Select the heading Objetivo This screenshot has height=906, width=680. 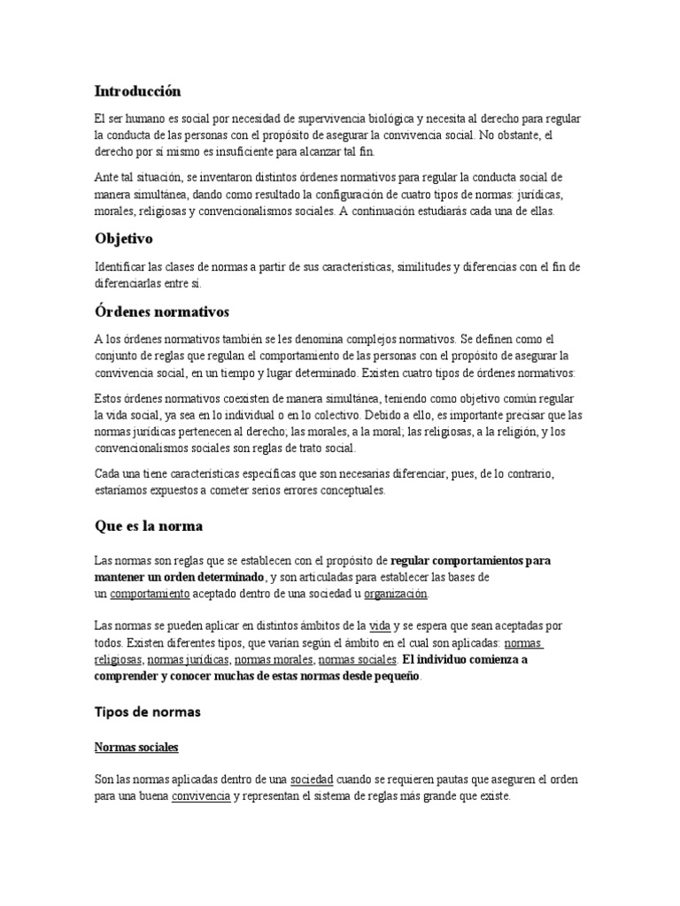(125, 239)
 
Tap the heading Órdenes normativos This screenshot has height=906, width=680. (162, 312)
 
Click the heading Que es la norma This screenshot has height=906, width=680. (149, 526)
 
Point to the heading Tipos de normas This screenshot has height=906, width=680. (148, 711)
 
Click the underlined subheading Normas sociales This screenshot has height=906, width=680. (136, 748)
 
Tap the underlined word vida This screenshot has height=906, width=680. (379, 626)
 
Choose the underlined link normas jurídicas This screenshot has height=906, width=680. (189, 659)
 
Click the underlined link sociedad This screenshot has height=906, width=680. (312, 779)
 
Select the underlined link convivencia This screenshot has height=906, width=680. (201, 795)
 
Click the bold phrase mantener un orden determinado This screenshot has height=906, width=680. (180, 577)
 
